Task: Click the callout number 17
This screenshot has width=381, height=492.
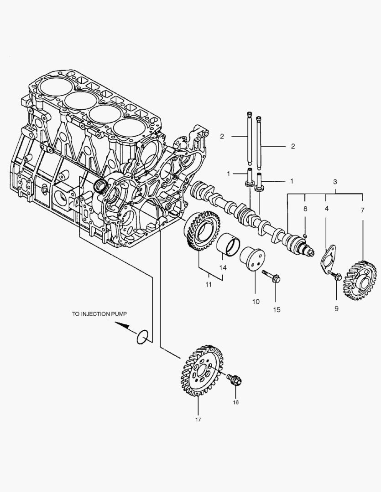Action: (x=198, y=419)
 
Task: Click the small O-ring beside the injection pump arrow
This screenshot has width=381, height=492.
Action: (x=143, y=337)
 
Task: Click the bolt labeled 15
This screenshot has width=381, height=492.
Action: (x=272, y=275)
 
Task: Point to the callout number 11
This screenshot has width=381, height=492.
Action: (x=208, y=285)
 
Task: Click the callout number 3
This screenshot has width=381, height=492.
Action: (x=335, y=182)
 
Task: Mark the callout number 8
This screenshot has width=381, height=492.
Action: (x=306, y=209)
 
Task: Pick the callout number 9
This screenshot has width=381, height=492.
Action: (x=336, y=308)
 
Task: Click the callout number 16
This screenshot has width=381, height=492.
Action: (x=235, y=402)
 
